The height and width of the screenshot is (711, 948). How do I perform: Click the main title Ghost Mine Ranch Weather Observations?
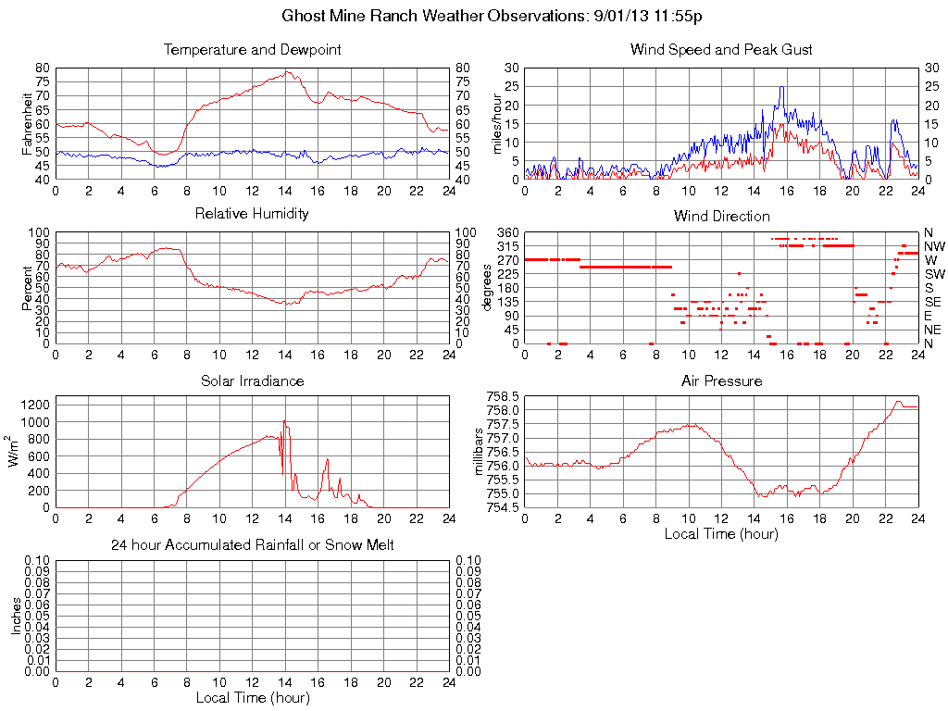click(497, 17)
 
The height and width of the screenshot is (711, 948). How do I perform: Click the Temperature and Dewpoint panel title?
click(252, 50)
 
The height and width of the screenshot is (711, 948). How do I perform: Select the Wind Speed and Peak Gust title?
click(721, 50)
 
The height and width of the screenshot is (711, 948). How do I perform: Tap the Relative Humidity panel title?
click(252, 214)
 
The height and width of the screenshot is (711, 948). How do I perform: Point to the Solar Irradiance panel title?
click(252, 380)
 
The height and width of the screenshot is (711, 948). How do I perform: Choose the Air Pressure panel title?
click(721, 380)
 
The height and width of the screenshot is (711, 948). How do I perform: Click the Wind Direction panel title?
click(721, 217)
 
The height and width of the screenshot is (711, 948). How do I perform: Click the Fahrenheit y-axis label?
click(27, 123)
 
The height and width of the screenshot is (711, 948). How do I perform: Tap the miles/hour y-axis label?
click(496, 123)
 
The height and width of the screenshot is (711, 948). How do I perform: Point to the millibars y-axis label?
click(480, 451)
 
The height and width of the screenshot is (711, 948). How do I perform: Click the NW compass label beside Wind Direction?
click(933, 246)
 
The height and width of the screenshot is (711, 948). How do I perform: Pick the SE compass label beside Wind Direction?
click(933, 302)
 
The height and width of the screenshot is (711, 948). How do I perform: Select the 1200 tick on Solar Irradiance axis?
click(35, 405)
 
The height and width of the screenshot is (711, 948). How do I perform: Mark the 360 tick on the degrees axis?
click(506, 232)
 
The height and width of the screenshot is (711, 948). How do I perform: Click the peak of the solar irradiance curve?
click(284, 421)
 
